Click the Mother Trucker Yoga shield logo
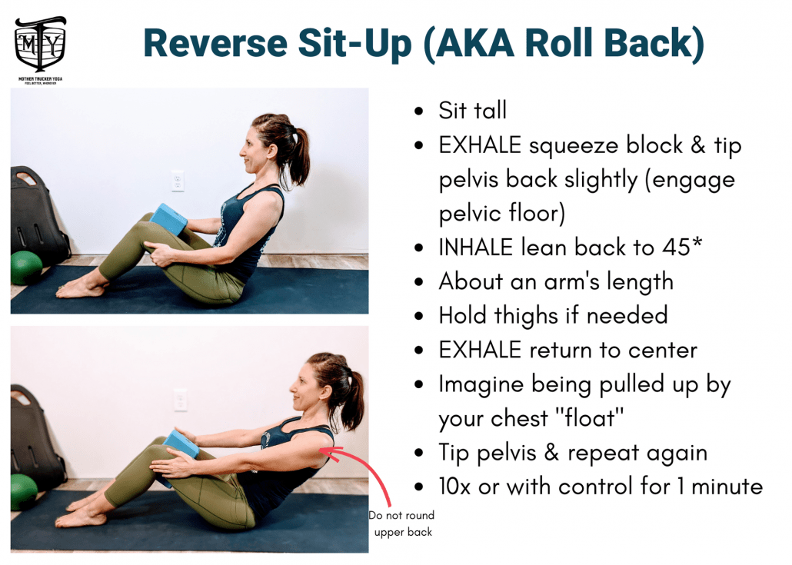point(41,45)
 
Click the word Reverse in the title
point(215,43)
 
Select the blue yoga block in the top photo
point(168,219)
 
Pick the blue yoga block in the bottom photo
point(181,444)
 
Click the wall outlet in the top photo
point(178,181)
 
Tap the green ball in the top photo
point(25,268)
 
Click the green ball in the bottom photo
point(23,491)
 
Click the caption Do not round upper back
point(401,523)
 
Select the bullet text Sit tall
point(472,111)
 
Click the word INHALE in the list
point(476,248)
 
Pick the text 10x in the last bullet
point(457,487)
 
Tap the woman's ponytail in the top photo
point(299,154)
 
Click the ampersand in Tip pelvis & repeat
point(551,453)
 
